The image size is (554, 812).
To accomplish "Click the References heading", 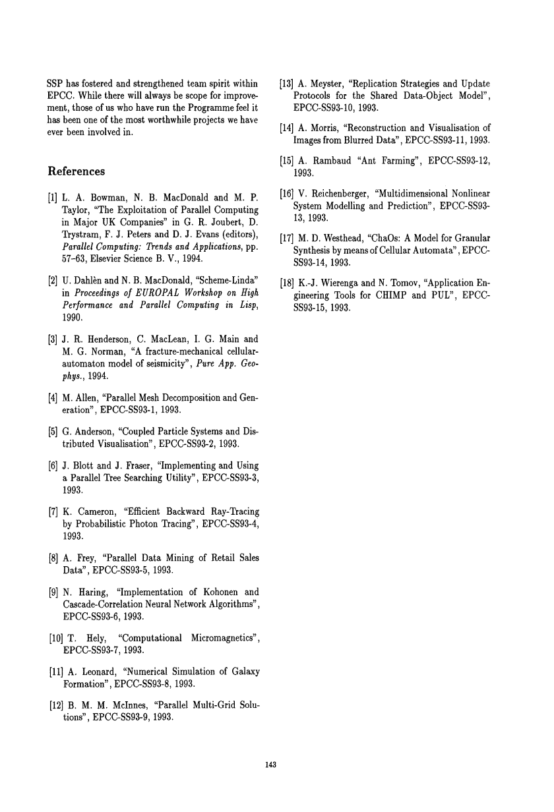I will click(77, 171).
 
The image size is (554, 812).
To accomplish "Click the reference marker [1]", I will click(55, 196).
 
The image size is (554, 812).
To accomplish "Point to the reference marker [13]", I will click(287, 83).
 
